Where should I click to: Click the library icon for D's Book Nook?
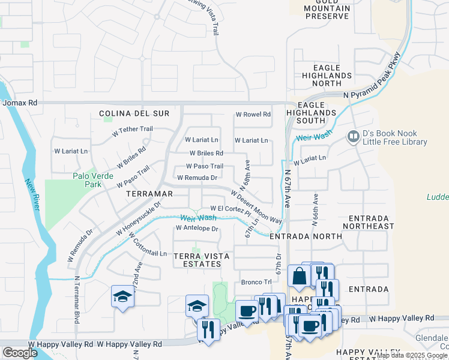[x=354, y=137]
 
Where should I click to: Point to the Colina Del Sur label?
[x=134, y=113]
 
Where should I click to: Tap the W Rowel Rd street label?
[x=253, y=114]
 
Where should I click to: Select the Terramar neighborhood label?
[x=149, y=194]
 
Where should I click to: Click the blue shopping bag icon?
[x=298, y=276]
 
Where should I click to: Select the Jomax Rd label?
[x=20, y=103]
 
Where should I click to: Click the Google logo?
[x=20, y=353]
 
